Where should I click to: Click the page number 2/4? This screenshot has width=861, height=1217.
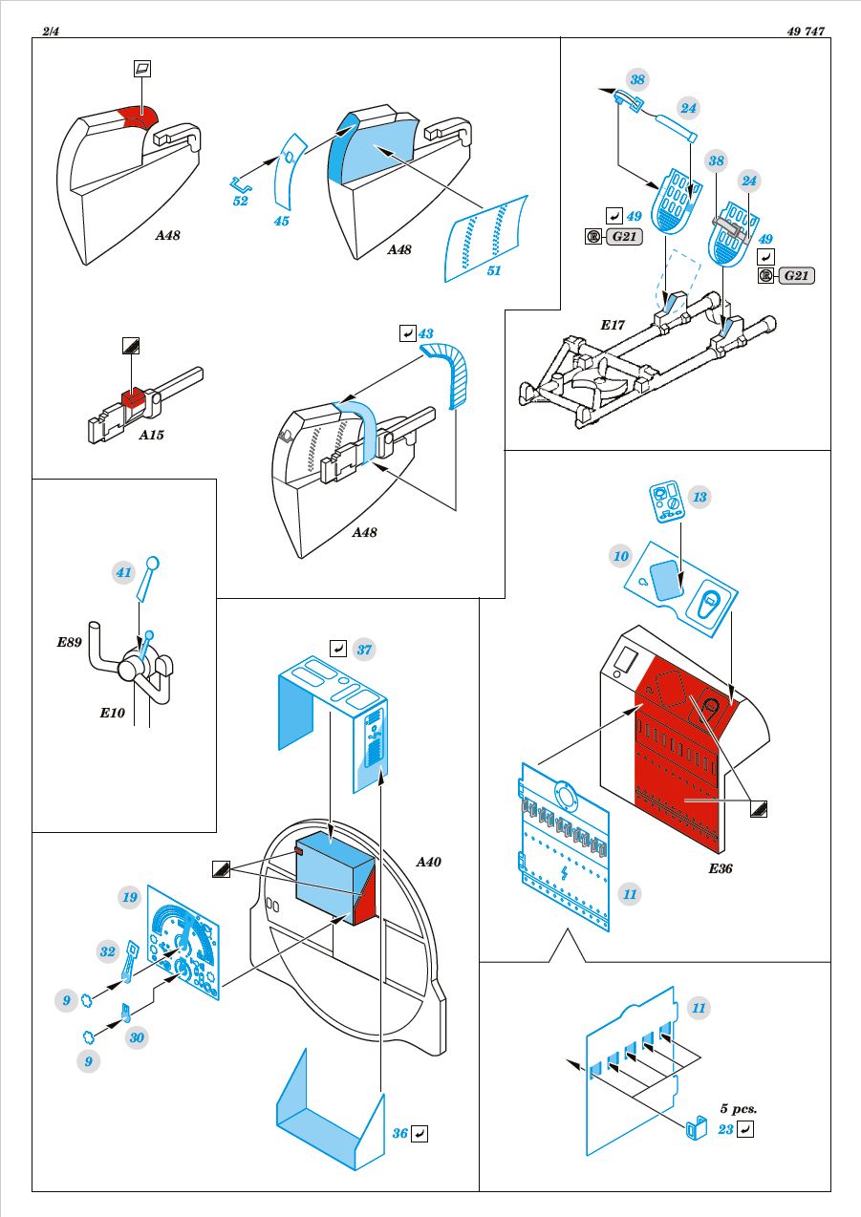click(x=51, y=32)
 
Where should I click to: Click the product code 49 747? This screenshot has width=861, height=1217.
click(x=806, y=32)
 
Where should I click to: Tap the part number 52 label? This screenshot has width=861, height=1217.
click(x=240, y=201)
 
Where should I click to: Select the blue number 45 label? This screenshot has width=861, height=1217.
click(x=282, y=221)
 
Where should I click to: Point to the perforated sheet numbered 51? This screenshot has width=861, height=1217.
click(x=485, y=238)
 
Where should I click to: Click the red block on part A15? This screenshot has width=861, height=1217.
click(x=133, y=397)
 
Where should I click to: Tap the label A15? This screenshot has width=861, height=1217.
click(x=151, y=435)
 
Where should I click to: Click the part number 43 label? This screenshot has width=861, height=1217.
click(x=426, y=333)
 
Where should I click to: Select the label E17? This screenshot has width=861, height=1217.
click(x=613, y=325)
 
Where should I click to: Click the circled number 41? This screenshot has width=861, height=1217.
click(x=124, y=572)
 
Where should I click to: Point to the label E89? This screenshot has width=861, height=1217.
click(x=69, y=642)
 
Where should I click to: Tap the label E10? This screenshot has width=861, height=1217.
click(x=112, y=713)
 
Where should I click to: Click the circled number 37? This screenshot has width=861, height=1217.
click(x=364, y=650)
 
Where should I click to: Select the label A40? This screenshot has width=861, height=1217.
click(x=428, y=862)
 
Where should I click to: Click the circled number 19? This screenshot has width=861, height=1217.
click(x=129, y=897)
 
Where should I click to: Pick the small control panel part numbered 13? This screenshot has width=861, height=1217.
click(x=667, y=502)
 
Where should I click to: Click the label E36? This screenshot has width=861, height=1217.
click(x=721, y=868)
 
